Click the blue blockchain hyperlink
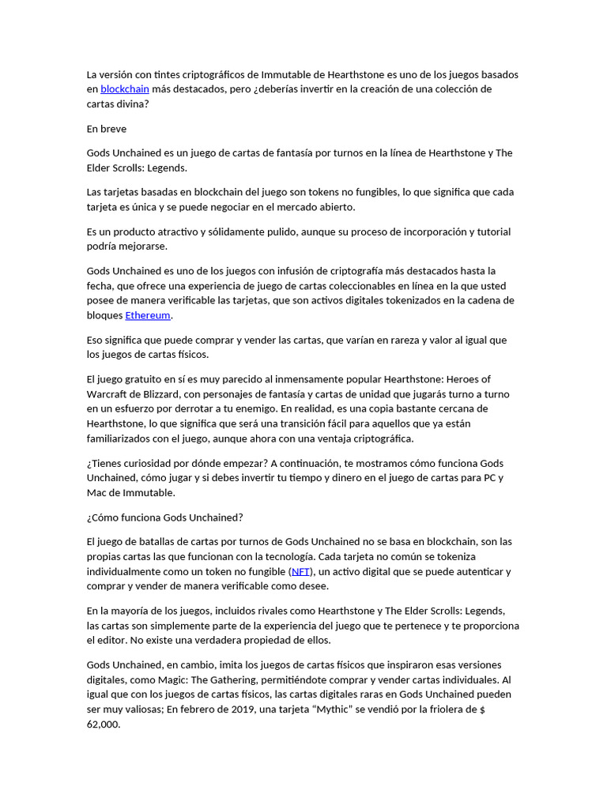(x=125, y=89)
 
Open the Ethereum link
(x=148, y=315)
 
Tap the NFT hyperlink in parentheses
(x=300, y=571)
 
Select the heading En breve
(x=106, y=129)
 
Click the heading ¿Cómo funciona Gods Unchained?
(x=164, y=517)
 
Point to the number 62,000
(x=104, y=724)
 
